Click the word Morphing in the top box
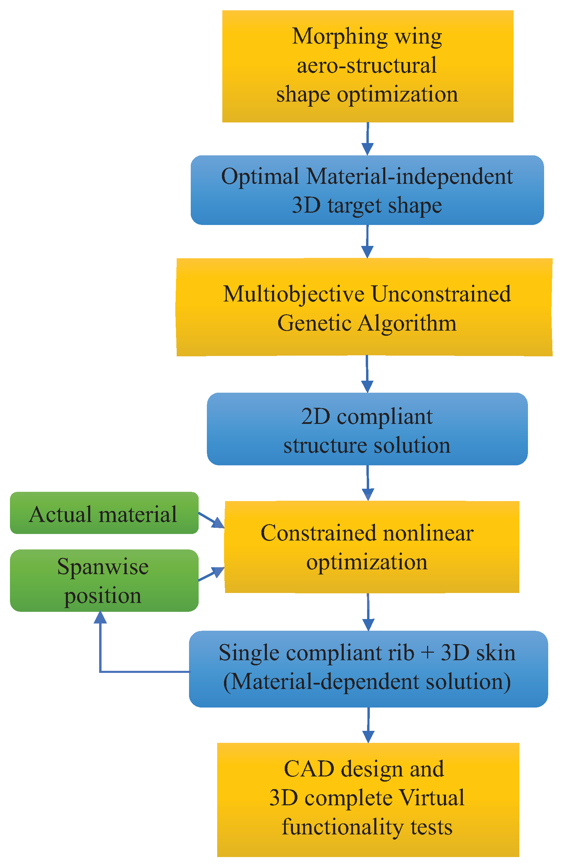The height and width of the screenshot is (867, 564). point(340,37)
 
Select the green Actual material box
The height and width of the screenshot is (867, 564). point(104,513)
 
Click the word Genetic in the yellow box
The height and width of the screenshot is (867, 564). point(314,323)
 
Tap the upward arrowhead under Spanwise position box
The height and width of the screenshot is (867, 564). point(100,617)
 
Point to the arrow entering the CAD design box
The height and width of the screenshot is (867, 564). point(368,725)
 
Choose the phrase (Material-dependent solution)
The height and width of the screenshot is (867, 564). point(366,681)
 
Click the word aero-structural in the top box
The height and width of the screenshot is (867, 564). point(366,66)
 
